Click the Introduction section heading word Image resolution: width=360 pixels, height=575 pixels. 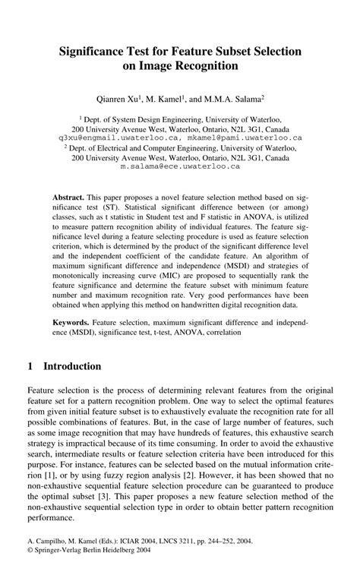coord(72,366)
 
